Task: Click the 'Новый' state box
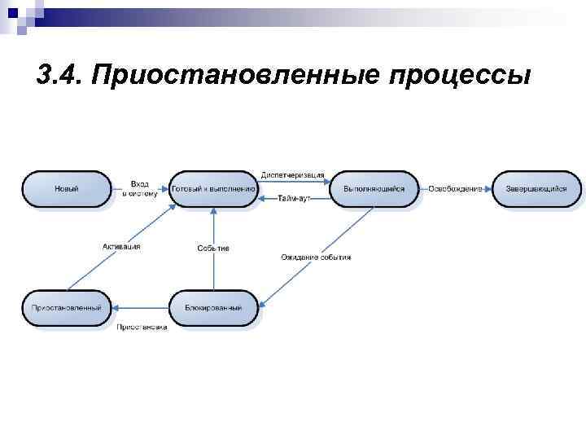(x=66, y=189)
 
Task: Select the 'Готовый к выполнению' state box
(x=213, y=189)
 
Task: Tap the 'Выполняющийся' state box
(x=374, y=189)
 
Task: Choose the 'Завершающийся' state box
(x=536, y=189)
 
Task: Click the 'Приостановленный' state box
(x=66, y=308)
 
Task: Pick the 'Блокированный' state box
(x=213, y=308)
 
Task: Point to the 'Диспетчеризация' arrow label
(x=293, y=175)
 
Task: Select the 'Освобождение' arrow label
(x=455, y=189)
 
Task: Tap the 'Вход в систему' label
(x=139, y=189)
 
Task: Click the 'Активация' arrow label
(x=121, y=247)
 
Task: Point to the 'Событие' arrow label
(x=213, y=249)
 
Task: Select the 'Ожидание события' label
(x=316, y=257)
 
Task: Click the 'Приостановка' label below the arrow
(x=142, y=328)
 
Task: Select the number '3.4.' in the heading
(x=60, y=76)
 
